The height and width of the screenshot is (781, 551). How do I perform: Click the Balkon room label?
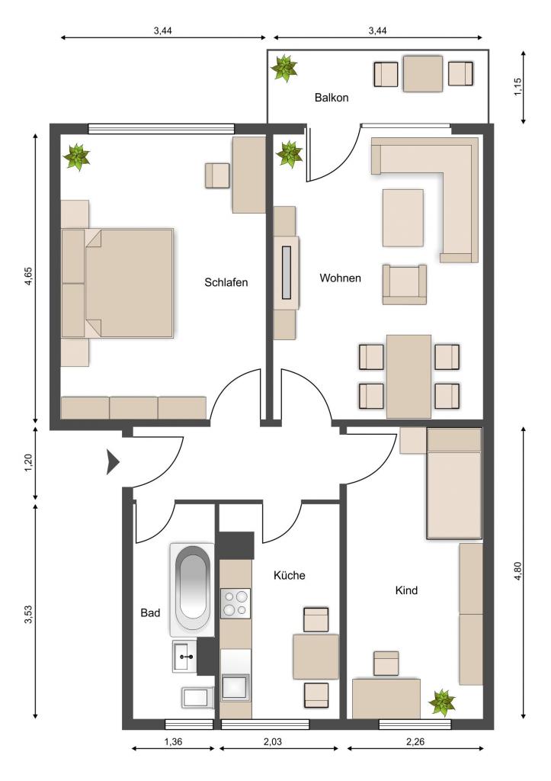pos(331,98)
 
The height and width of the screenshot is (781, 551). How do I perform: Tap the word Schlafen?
pos(226,282)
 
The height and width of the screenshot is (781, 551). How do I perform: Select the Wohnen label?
pos(340,278)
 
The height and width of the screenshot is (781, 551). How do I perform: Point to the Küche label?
pos(289,575)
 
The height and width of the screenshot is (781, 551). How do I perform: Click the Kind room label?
pos(406,590)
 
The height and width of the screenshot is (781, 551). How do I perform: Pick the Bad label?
pos(150,612)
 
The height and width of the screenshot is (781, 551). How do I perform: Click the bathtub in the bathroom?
pos(193,590)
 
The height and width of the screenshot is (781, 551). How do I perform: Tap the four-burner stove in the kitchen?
pos(235,604)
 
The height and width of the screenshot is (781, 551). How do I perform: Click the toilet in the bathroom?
pos(197,697)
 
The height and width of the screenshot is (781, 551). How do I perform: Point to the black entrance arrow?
pos(113,461)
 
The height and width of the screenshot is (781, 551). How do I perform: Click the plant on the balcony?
pos(284,68)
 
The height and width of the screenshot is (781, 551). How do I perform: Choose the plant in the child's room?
pos(442,702)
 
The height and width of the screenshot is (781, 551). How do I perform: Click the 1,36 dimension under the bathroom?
pos(173,741)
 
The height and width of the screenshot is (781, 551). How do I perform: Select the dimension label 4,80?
pos(518,570)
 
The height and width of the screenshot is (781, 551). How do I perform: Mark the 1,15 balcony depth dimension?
pos(518,87)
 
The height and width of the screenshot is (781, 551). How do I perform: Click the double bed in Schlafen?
pos(117,284)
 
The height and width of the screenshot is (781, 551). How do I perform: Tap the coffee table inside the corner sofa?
pos(403,217)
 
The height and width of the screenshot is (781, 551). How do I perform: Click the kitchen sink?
pos(235,687)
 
